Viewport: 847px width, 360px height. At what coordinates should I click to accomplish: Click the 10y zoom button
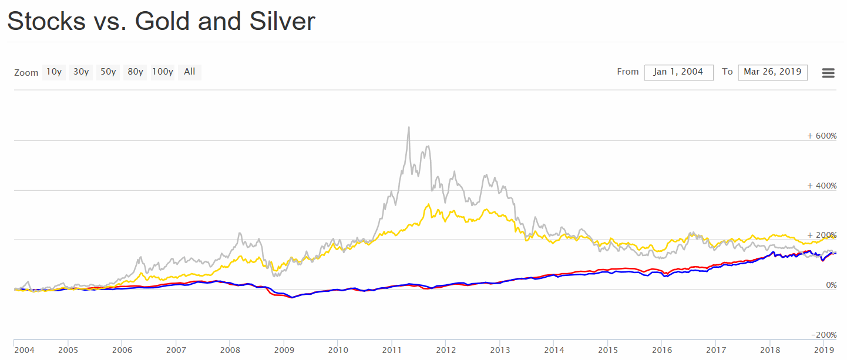[53, 72]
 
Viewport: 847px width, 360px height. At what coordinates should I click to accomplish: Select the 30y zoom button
[81, 72]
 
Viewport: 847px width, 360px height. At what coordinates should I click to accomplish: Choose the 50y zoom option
[108, 72]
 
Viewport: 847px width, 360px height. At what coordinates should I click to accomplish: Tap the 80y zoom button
[135, 72]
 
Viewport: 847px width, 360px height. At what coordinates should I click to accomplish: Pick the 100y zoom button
[163, 72]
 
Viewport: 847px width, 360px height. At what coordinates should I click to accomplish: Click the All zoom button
[189, 72]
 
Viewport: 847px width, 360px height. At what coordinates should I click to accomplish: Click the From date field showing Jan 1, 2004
[678, 72]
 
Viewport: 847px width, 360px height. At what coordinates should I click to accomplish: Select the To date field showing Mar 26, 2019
[772, 72]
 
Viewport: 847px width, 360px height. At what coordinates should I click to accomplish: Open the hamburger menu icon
[828, 73]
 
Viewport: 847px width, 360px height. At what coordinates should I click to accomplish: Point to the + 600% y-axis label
[822, 136]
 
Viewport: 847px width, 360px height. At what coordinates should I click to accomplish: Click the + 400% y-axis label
[822, 186]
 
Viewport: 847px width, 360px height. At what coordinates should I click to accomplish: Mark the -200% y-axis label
[824, 335]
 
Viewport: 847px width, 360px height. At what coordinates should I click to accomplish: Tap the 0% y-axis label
[831, 285]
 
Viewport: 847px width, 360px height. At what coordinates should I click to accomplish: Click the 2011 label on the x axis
[392, 350]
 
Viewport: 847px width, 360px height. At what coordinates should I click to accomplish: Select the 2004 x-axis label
[24, 350]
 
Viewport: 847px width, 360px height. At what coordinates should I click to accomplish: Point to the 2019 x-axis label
[823, 350]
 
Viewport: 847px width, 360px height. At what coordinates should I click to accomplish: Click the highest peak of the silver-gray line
[409, 127]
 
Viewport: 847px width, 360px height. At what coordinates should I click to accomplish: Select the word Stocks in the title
[46, 21]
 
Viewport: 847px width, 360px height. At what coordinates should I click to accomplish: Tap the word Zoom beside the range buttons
[26, 73]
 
